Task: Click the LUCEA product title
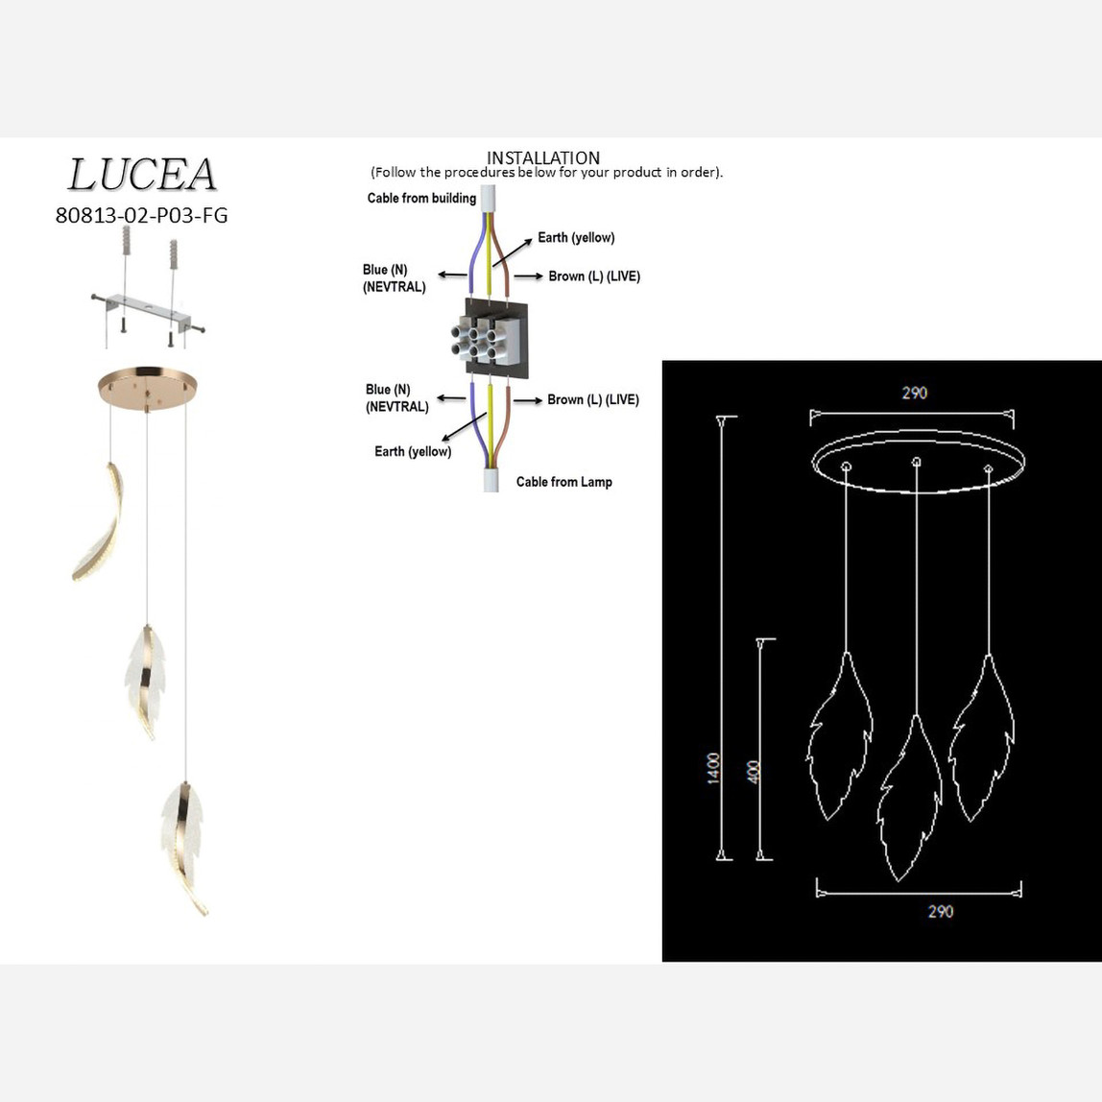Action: pyautogui.click(x=142, y=175)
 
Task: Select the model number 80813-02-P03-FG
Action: pyautogui.click(x=141, y=215)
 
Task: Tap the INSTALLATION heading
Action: pyautogui.click(x=543, y=157)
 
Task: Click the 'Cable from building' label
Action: pyautogui.click(x=421, y=198)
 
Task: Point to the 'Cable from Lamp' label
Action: pyautogui.click(x=564, y=482)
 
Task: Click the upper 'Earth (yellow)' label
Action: pyautogui.click(x=576, y=237)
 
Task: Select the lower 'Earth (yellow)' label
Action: pyautogui.click(x=413, y=451)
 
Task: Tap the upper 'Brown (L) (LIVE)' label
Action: pyautogui.click(x=594, y=276)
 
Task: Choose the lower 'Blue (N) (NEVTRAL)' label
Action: pyautogui.click(x=396, y=397)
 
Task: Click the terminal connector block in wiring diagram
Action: pyautogui.click(x=495, y=339)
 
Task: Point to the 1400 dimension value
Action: pyautogui.click(x=713, y=768)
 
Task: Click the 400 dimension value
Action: pyautogui.click(x=754, y=773)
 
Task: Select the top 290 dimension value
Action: pyautogui.click(x=915, y=393)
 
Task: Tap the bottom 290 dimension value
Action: pyautogui.click(x=941, y=912)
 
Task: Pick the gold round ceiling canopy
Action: pyautogui.click(x=148, y=385)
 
